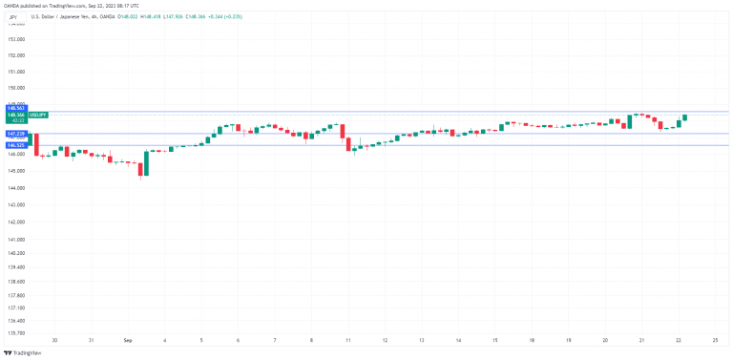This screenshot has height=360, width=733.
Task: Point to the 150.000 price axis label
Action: click(x=14, y=88)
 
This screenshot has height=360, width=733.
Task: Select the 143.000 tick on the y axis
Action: click(x=14, y=203)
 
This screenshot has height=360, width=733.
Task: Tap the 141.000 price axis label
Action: click(x=14, y=238)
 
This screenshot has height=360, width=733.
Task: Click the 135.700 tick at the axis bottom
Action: click(x=14, y=333)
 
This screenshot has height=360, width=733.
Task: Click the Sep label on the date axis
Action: click(x=127, y=340)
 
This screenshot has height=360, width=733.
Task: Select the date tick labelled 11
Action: click(x=347, y=340)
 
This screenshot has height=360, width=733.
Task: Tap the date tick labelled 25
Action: click(x=714, y=340)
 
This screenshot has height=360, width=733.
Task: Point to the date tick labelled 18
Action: click(x=531, y=340)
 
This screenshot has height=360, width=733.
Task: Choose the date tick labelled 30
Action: click(x=54, y=340)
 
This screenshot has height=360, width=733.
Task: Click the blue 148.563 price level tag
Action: click(x=14, y=109)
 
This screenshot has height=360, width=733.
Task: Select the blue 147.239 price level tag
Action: click(x=14, y=134)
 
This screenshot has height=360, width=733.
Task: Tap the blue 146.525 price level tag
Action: click(x=14, y=145)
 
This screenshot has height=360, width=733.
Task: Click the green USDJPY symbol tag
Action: click(x=39, y=115)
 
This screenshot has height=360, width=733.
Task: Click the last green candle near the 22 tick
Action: click(x=684, y=117)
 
